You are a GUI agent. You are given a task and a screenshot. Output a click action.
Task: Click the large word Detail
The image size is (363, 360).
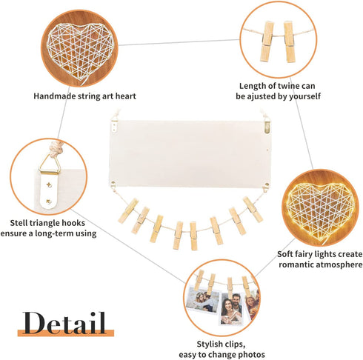(x=64, y=323)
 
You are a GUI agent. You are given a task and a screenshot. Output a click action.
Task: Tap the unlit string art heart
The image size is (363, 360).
(x=80, y=51)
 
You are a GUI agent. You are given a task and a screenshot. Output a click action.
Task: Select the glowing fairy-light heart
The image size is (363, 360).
(x=321, y=212)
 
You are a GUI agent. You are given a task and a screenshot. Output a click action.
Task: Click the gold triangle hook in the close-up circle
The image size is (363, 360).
(x=50, y=164)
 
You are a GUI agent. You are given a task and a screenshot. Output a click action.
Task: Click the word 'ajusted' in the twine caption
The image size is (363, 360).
(x=267, y=96)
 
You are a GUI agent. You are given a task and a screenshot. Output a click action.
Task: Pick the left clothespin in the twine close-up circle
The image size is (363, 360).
(x=267, y=41)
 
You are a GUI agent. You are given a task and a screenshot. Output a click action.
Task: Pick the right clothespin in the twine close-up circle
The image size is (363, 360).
(x=289, y=41)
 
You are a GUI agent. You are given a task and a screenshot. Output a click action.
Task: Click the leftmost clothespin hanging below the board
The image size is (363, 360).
(x=128, y=211)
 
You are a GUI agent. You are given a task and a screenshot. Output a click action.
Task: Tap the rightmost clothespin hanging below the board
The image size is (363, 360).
(x=253, y=210)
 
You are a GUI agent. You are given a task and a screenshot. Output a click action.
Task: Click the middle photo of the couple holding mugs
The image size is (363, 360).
(x=231, y=309)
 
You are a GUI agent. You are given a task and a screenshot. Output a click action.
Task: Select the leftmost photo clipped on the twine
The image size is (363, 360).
(x=202, y=300)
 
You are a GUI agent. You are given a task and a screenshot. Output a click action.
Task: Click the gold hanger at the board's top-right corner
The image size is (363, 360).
(x=267, y=124)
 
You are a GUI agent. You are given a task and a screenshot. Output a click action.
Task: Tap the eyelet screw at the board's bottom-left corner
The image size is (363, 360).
(x=113, y=184)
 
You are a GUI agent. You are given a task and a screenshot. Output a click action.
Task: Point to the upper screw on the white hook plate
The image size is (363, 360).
(x=49, y=184)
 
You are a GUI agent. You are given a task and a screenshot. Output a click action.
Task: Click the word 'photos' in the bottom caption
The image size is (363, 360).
(x=251, y=355)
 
